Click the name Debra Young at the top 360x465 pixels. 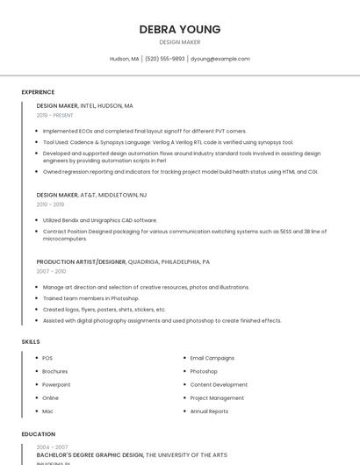[x=180, y=29]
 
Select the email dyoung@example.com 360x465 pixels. [x=220, y=59]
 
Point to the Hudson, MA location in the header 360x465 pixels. [x=124, y=59]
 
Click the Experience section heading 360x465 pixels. [x=38, y=92]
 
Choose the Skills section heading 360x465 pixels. [x=31, y=341]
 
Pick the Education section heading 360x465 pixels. [x=38, y=433]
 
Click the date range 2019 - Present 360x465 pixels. [x=54, y=115]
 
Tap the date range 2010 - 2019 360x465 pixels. [x=50, y=204]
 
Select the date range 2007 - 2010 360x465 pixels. [x=51, y=271]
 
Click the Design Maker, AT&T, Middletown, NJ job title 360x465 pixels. [x=91, y=195]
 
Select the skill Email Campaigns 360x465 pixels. [x=212, y=358]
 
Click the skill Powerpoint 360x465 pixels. [x=56, y=384]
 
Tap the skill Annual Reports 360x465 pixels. [x=209, y=411]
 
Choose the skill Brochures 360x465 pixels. [x=54, y=371]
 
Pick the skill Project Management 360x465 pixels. [x=217, y=397]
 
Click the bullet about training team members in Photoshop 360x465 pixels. [x=90, y=298]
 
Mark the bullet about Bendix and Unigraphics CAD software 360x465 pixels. [x=99, y=220]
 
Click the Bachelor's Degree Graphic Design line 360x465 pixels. [x=132, y=455]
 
